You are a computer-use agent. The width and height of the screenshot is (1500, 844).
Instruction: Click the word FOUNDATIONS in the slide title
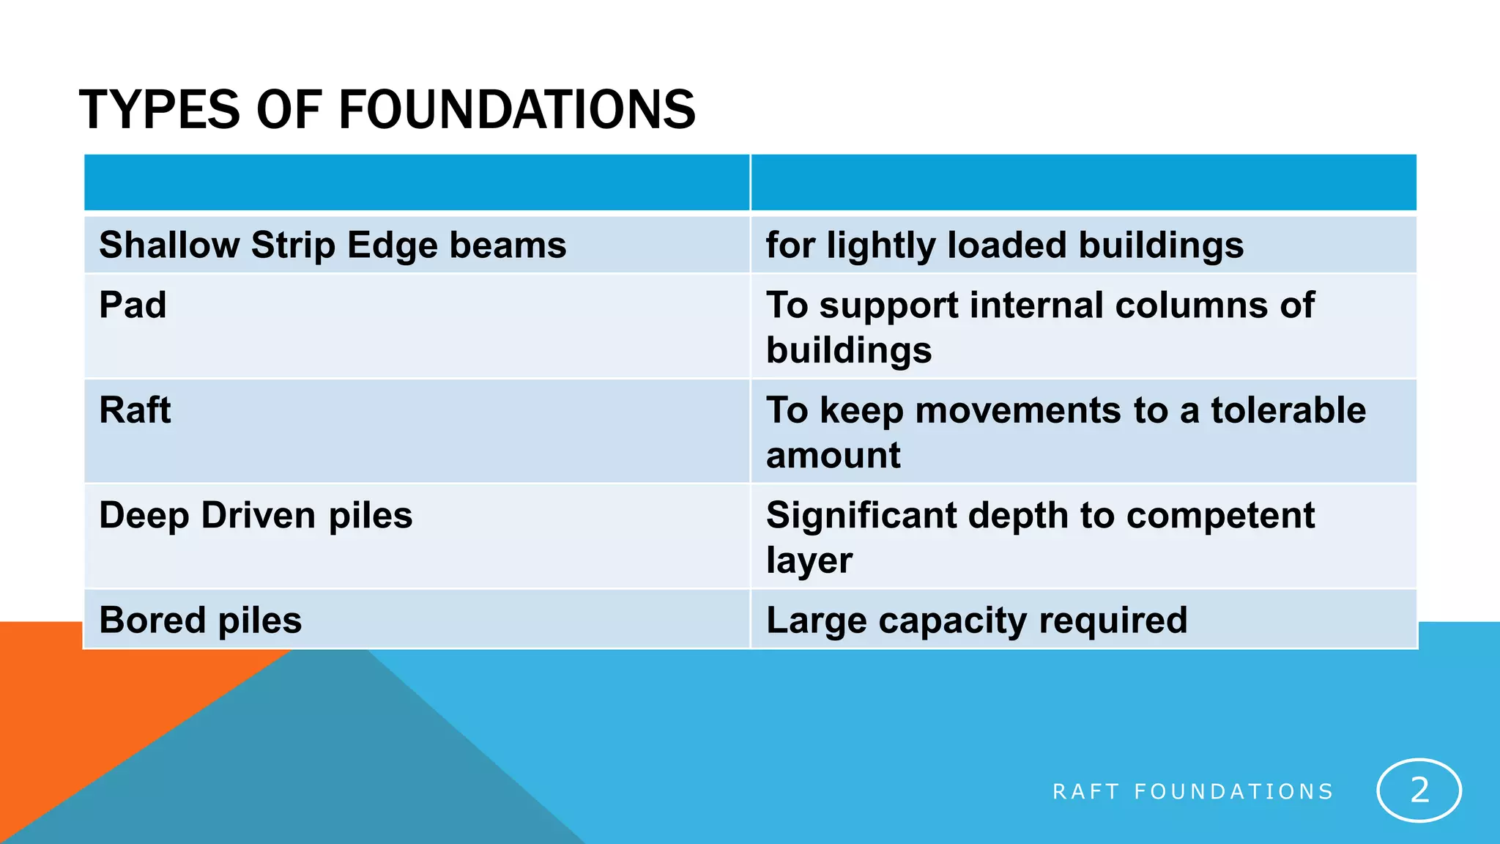(516, 110)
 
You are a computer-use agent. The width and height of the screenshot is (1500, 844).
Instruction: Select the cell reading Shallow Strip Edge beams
(333, 245)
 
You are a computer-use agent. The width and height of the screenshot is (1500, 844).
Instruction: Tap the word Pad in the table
(133, 305)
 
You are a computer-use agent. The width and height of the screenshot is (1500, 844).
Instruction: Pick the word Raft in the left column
(135, 410)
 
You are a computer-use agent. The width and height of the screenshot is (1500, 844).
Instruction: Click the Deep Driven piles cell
(256, 515)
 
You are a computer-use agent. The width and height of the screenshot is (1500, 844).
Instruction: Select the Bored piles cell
(200, 621)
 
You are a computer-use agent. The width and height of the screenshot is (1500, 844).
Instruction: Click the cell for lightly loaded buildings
(1004, 245)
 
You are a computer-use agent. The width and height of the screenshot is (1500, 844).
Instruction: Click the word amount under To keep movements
(833, 456)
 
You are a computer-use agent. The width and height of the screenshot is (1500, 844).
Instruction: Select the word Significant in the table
(861, 515)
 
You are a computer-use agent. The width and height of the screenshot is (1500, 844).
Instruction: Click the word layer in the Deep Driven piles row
(809, 561)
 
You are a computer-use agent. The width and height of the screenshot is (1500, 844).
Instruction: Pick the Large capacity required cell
(976, 621)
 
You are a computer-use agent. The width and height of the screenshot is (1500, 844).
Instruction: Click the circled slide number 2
(1419, 791)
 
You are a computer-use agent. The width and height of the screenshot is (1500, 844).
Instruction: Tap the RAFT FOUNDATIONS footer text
(1192, 792)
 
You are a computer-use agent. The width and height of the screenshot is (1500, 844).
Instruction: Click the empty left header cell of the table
(416, 182)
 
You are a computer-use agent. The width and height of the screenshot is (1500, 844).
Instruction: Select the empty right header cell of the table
(1083, 182)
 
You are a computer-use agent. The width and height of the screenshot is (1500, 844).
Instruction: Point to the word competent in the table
(1220, 515)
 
